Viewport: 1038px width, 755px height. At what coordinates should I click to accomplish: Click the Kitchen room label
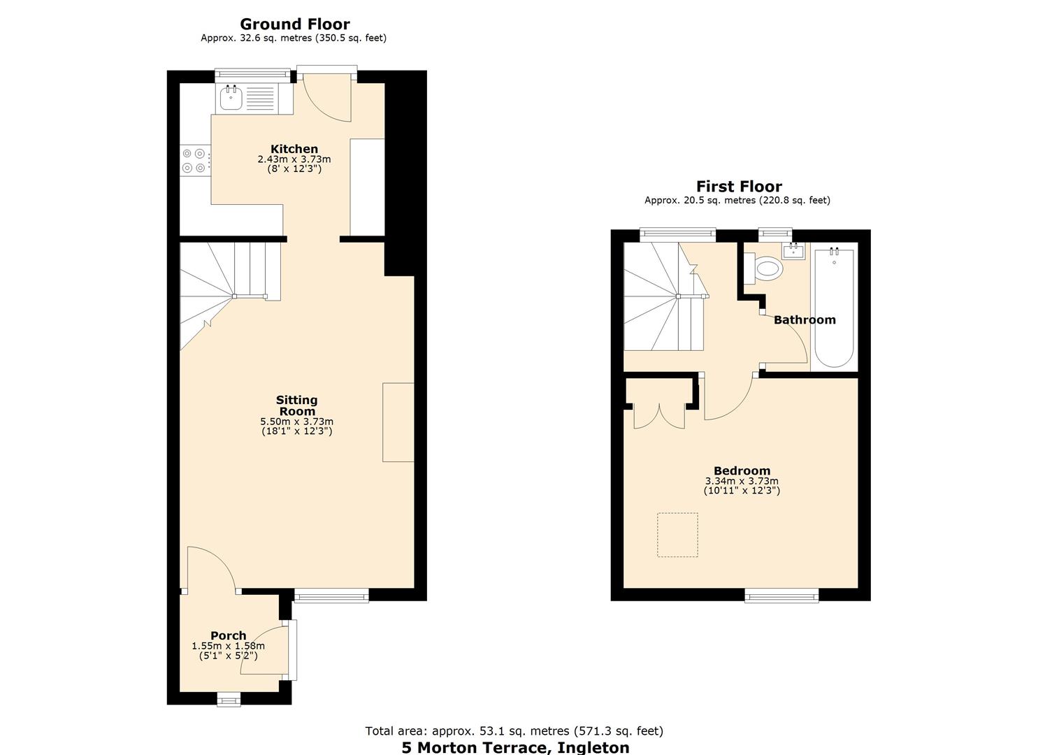(x=294, y=149)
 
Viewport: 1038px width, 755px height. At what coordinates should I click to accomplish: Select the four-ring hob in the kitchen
(x=194, y=160)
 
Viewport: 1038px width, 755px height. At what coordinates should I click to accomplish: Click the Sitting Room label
(x=296, y=405)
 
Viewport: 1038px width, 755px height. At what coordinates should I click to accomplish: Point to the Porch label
(x=229, y=635)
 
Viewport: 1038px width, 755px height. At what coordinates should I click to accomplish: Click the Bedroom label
(x=742, y=470)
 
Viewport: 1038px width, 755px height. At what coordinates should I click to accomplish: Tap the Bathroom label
(x=805, y=319)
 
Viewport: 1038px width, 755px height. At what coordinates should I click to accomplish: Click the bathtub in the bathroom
(x=834, y=308)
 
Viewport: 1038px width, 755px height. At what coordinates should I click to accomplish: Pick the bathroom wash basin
(x=793, y=250)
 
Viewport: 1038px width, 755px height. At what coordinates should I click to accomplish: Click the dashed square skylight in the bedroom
(x=677, y=535)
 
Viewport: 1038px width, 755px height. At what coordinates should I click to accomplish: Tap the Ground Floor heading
(x=294, y=24)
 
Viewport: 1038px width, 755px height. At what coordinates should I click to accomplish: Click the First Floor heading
(x=739, y=187)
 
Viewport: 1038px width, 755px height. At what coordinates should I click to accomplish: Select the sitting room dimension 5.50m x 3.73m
(x=296, y=422)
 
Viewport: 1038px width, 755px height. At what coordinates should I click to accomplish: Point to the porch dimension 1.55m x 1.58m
(x=229, y=646)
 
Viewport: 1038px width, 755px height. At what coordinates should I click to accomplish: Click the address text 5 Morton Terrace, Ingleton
(x=515, y=747)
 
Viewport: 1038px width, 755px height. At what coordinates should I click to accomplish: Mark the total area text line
(x=514, y=731)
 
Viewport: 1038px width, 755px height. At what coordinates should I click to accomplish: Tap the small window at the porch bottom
(x=228, y=699)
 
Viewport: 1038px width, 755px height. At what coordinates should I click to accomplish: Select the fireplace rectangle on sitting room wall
(x=398, y=422)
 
